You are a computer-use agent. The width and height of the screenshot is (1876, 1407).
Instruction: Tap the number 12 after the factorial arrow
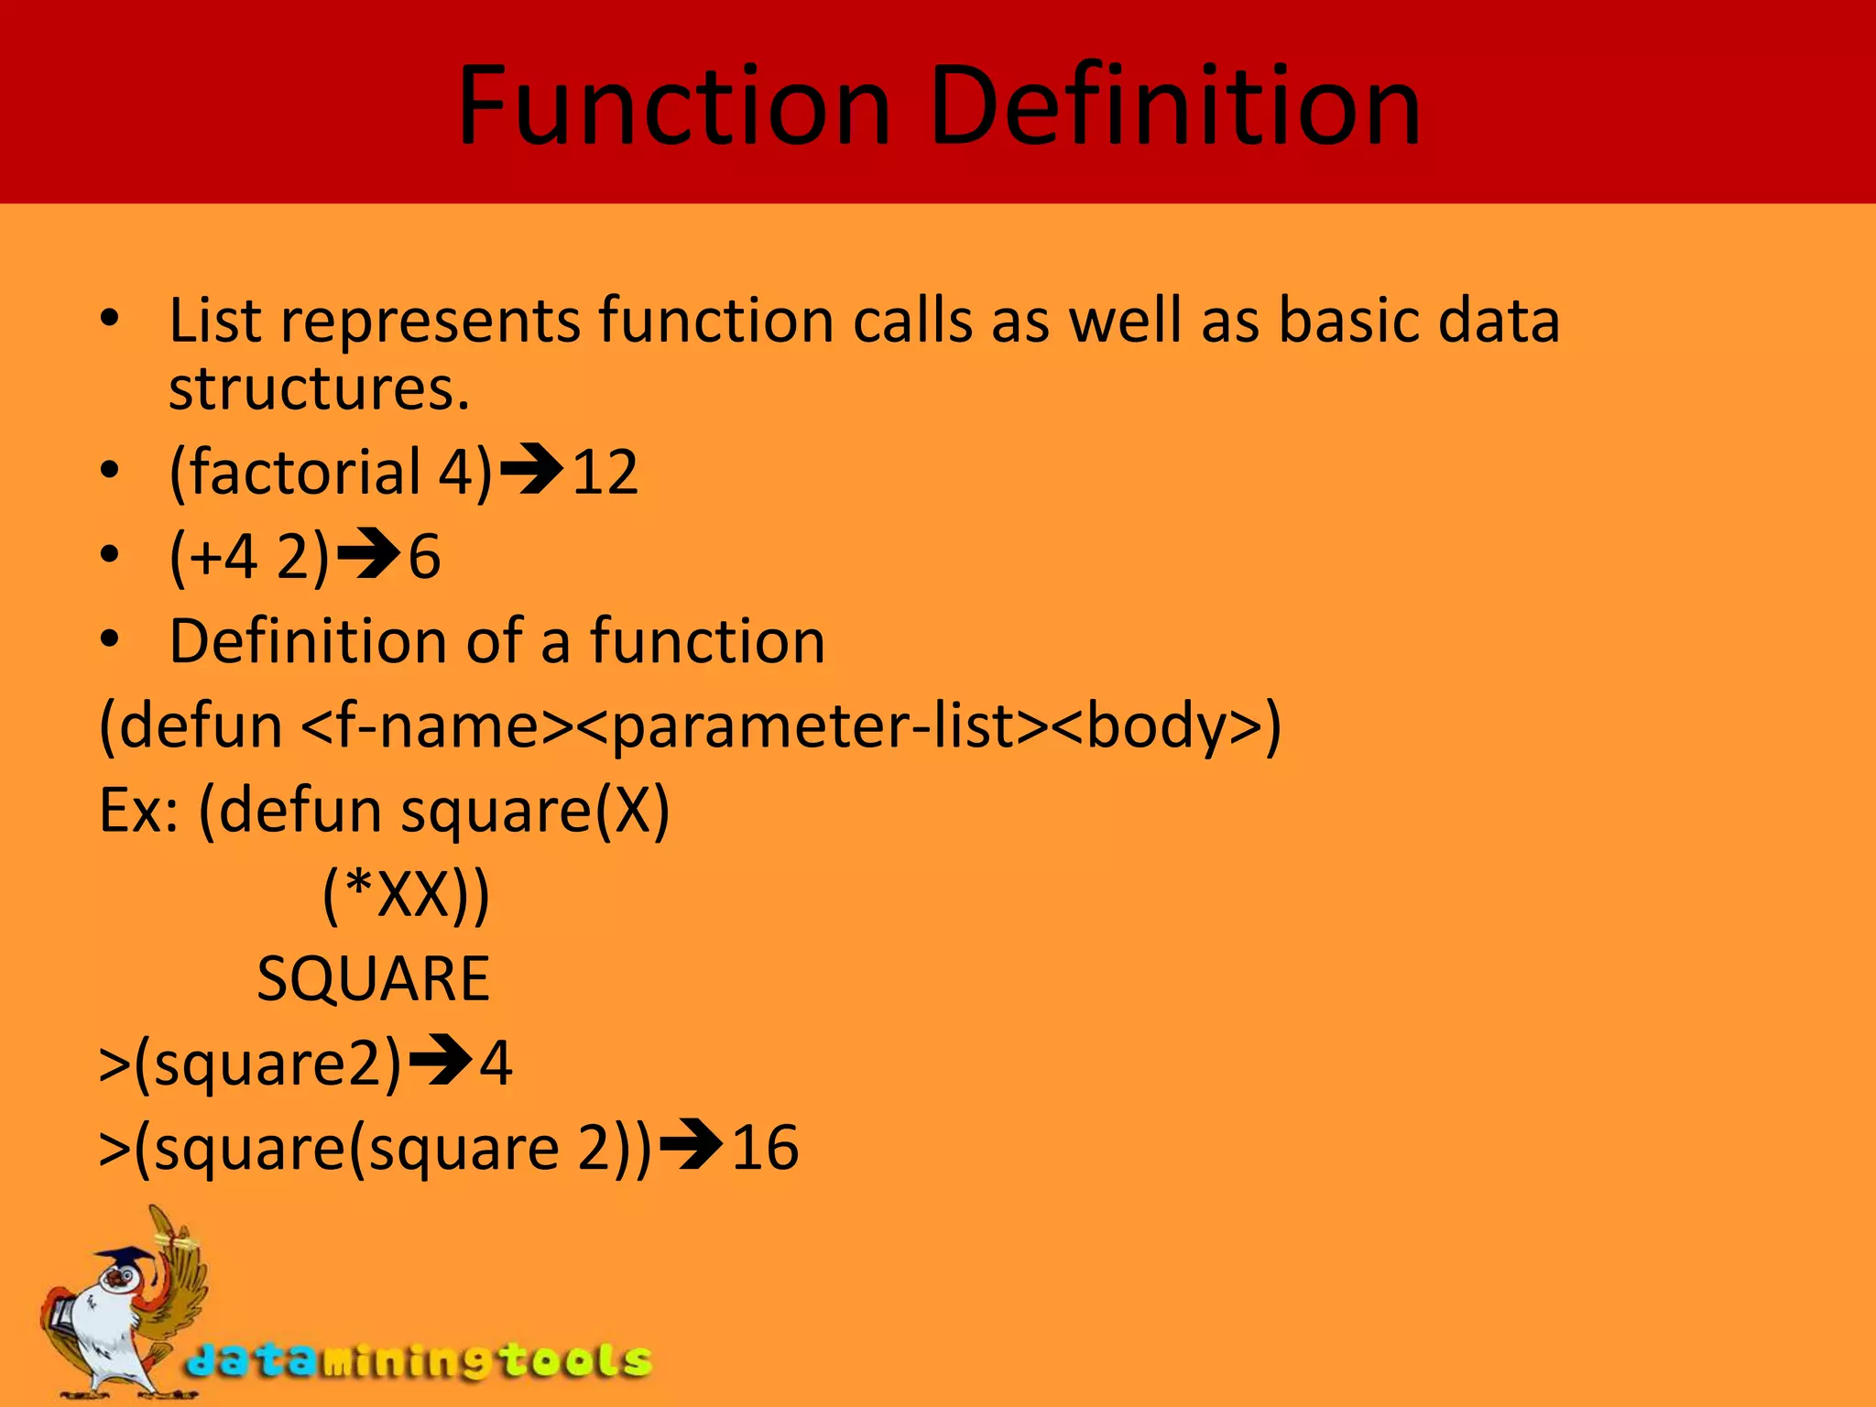point(605,473)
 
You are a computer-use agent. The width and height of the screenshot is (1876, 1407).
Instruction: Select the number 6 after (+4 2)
point(424,557)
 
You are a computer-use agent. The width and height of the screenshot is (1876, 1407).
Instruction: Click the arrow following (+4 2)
point(368,555)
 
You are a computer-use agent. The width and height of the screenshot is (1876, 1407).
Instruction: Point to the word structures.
point(318,389)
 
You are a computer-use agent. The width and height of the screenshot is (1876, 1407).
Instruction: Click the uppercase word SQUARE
point(373,979)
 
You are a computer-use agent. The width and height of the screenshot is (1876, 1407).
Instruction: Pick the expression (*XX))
point(406,895)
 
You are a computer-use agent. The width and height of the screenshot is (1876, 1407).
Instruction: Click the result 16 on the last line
point(765,1148)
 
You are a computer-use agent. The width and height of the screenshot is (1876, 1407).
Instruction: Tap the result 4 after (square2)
point(496,1063)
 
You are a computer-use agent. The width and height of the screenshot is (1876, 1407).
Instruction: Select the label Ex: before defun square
point(138,812)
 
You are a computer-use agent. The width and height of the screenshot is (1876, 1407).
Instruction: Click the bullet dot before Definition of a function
point(110,640)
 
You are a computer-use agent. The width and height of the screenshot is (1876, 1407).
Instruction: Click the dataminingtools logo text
point(420,1361)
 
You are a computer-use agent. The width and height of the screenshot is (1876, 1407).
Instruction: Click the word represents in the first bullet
point(430,322)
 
